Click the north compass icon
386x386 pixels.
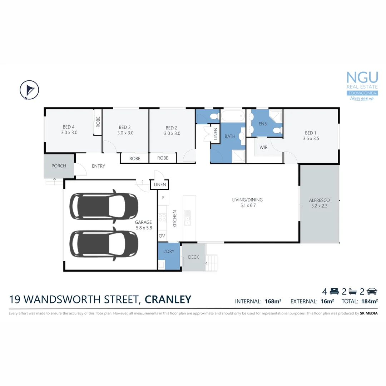tap(29, 89)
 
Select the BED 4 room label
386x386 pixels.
tap(69, 127)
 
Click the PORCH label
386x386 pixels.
tap(59, 166)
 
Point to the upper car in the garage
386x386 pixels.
tap(104, 207)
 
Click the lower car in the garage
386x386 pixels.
tap(104, 244)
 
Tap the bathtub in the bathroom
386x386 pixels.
tap(233, 116)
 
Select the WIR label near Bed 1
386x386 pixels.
tap(263, 147)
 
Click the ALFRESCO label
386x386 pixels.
tap(319, 201)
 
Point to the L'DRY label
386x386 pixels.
tap(168, 252)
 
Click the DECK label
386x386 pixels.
tap(193, 257)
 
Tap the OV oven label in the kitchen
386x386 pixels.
tap(162, 236)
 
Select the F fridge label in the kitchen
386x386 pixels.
tap(163, 198)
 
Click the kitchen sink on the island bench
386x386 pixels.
tap(187, 218)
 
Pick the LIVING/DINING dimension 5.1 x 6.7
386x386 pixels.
tap(247, 206)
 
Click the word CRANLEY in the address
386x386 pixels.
tap(168, 299)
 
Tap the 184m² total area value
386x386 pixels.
tap(369, 301)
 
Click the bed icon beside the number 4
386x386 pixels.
tap(334, 291)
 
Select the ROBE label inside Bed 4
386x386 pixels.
tap(98, 122)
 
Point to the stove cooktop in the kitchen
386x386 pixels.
tap(162, 218)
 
